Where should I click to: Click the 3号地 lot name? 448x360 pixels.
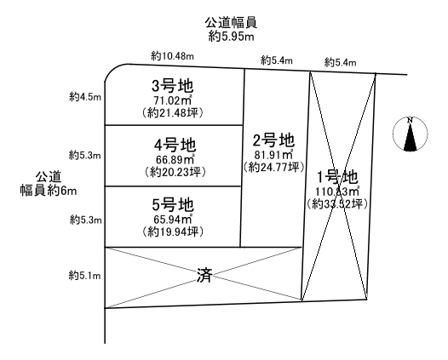coord(173,86)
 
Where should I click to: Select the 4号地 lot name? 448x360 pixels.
coord(175,146)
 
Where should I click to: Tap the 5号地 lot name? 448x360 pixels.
coord(173,205)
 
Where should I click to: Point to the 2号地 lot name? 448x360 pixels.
coord(273,140)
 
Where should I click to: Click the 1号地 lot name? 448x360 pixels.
coord(337,177)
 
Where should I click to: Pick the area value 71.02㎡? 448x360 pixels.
coord(173,100)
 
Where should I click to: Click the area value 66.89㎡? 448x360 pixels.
coord(175,159)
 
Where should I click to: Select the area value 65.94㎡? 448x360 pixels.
coord(173,219)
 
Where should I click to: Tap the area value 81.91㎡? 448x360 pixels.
coord(273,154)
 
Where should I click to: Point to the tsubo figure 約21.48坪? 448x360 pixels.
coord(173,113)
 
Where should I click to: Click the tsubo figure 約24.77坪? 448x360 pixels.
coord(273,167)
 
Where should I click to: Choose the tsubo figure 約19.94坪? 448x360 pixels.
coord(173,231)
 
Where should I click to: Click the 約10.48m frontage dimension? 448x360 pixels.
coord(173,56)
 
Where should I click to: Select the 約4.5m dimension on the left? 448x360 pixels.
coord(85,97)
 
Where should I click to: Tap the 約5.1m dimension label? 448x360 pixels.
coord(85,276)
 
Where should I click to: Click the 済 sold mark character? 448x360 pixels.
coord(204,276)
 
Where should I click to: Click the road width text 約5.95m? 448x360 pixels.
coord(231,37)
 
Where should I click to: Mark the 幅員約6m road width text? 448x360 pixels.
coord(49,191)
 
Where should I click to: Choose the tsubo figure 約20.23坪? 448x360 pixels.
coord(175,172)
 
